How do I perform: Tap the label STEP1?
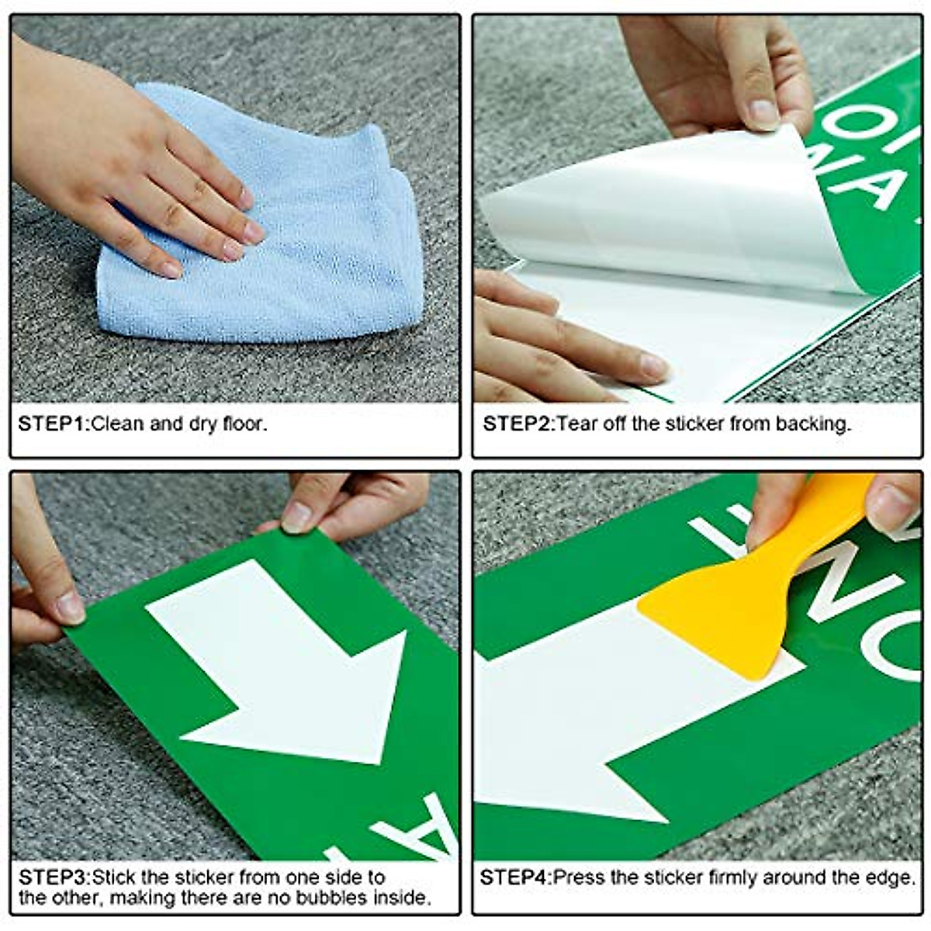point(54,424)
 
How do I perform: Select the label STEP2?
point(518,424)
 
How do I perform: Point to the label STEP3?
point(54,877)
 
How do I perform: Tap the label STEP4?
point(515,877)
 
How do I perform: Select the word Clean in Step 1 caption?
point(116,424)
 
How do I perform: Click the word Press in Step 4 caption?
point(579,877)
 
